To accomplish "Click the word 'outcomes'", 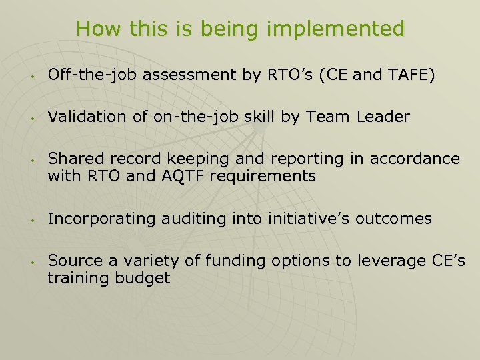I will click(394, 219).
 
